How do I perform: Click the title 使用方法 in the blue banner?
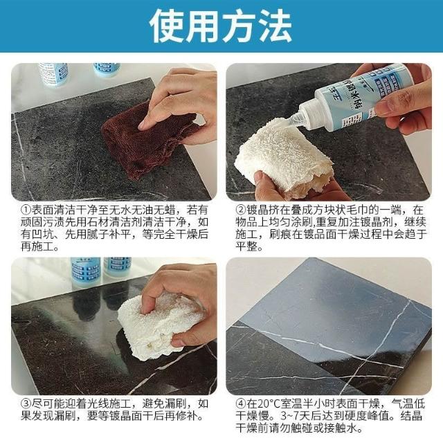(x=221, y=26)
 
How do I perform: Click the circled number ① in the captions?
(x=26, y=210)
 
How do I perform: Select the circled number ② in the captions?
(x=241, y=210)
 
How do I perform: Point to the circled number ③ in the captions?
(x=26, y=404)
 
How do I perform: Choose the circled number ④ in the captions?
(x=241, y=404)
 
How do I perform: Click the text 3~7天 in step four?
(x=291, y=416)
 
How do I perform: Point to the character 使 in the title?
(x=167, y=26)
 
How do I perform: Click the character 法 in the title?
(x=275, y=26)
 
